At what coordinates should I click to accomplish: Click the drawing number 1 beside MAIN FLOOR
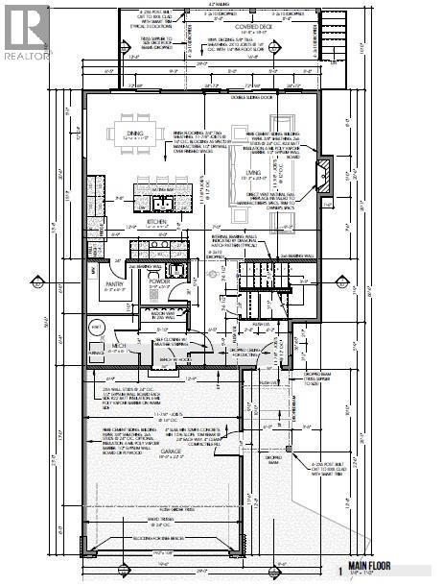338,570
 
